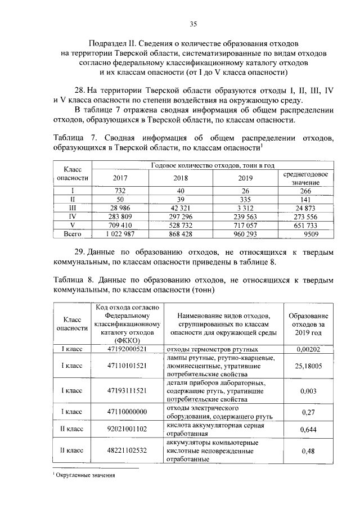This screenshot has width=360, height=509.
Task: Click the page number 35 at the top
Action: coord(192,24)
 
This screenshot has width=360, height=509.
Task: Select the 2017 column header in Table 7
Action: coord(120,178)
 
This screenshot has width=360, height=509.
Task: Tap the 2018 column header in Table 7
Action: coord(181,178)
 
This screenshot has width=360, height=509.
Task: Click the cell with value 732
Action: coord(120,191)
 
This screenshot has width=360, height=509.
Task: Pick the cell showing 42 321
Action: coord(181,208)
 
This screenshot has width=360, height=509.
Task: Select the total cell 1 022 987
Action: coord(120,233)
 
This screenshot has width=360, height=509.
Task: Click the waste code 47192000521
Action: coord(129,349)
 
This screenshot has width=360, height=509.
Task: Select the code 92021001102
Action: coord(129,429)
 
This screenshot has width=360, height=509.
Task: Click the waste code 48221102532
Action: coord(129,451)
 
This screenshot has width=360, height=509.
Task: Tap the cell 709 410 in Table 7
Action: coord(120,224)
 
